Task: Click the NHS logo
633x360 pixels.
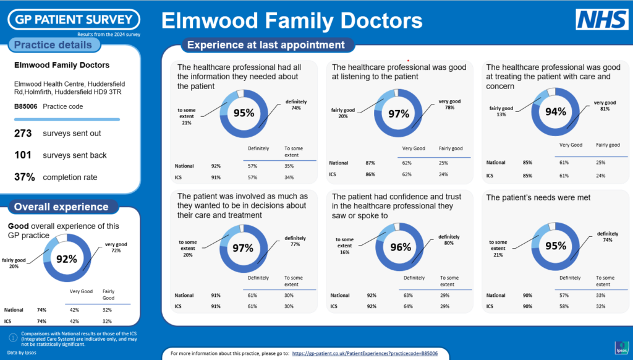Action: point(602,19)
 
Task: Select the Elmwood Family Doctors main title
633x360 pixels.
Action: point(292,20)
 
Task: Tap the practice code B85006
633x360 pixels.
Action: point(25,106)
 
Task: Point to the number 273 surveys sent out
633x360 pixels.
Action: point(23,133)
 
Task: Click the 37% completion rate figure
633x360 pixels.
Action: point(24,177)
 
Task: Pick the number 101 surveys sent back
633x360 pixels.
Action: point(23,155)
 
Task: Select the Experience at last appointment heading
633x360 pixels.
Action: point(266,45)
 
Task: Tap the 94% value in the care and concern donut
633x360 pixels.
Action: point(555,113)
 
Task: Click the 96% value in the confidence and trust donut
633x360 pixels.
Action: point(401,247)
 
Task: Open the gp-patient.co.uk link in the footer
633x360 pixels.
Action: point(365,353)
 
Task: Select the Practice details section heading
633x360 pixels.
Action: point(53,45)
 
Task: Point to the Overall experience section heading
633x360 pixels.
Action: point(61,207)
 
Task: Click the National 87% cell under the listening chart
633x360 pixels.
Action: point(370,163)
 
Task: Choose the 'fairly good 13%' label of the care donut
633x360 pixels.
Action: point(502,110)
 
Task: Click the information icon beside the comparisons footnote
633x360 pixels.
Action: point(12,337)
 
